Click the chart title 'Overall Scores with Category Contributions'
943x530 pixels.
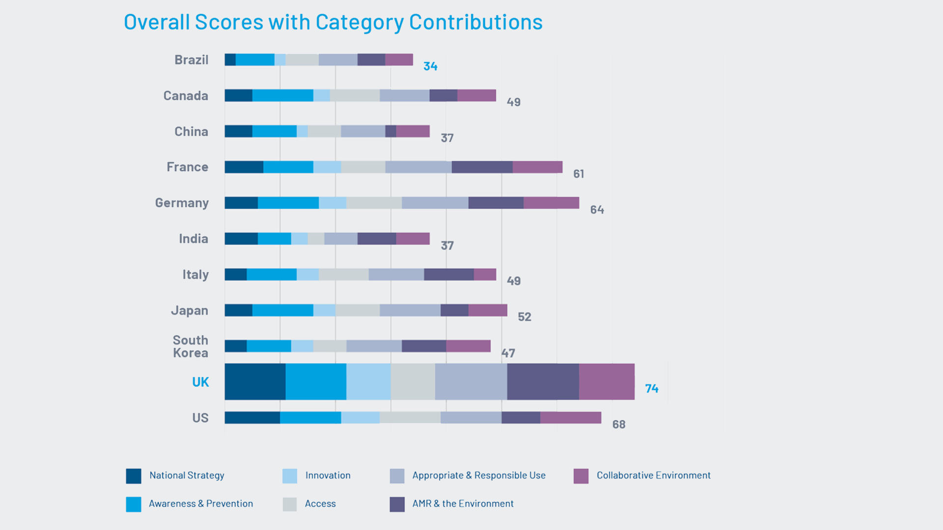pyautogui.click(x=333, y=22)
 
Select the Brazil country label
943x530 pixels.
pyautogui.click(x=192, y=60)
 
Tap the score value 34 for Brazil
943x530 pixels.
pyautogui.click(x=430, y=66)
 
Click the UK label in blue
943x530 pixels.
pyautogui.click(x=200, y=382)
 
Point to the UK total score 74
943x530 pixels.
pyautogui.click(x=652, y=389)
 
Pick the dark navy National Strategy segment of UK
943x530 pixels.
pyautogui.click(x=255, y=382)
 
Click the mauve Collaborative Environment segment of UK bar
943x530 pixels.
pyautogui.click(x=607, y=382)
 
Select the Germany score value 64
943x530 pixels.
pyautogui.click(x=597, y=210)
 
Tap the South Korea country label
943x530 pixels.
pyautogui.click(x=191, y=346)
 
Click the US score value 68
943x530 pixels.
pyautogui.click(x=618, y=424)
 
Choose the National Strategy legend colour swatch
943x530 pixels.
pyautogui.click(x=134, y=476)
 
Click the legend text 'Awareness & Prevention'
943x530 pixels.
pyautogui.click(x=201, y=503)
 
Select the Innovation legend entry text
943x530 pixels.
pyautogui.click(x=328, y=476)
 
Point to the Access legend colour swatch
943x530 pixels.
pyautogui.click(x=290, y=504)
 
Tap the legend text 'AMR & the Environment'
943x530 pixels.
pyautogui.click(x=463, y=503)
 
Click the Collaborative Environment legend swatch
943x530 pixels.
pyautogui.click(x=581, y=476)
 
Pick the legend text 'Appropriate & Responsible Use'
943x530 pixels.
pyautogui.click(x=479, y=476)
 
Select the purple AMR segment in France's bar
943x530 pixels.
pyautogui.click(x=482, y=167)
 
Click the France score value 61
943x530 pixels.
pyautogui.click(x=579, y=174)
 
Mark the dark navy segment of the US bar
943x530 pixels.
pyautogui.click(x=252, y=418)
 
